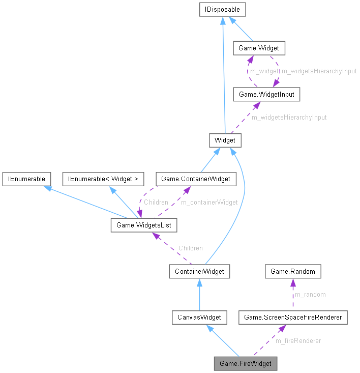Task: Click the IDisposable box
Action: pos(223,9)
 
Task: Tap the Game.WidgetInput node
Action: pos(262,94)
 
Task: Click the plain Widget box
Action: pos(224,140)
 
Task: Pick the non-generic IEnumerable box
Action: pos(26,179)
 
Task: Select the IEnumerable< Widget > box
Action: pos(103,179)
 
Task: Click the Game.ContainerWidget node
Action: pos(195,179)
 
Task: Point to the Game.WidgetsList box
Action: pos(144,224)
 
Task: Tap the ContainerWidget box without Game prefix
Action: pos(199,271)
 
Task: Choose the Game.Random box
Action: pos(293,271)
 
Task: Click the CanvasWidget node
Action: pos(199,318)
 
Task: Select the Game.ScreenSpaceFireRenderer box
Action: pos(293,318)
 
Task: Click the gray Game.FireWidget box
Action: pos(246,364)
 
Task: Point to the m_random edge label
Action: pos(310,295)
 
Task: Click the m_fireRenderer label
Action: pos(298,340)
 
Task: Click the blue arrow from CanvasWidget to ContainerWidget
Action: pos(199,295)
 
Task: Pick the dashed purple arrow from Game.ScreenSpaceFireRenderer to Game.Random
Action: pos(293,295)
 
